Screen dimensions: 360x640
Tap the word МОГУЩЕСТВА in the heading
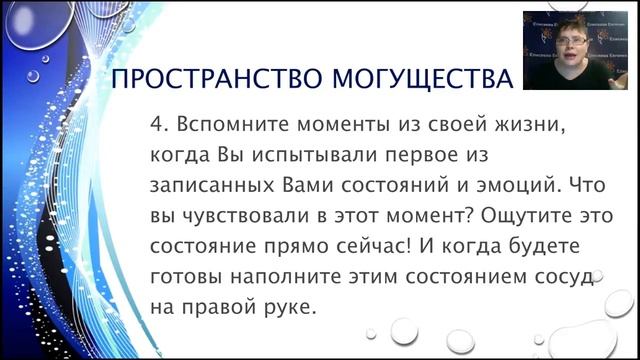tap(418, 79)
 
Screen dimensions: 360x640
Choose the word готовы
tap(185, 277)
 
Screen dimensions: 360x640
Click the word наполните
tap(279, 277)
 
